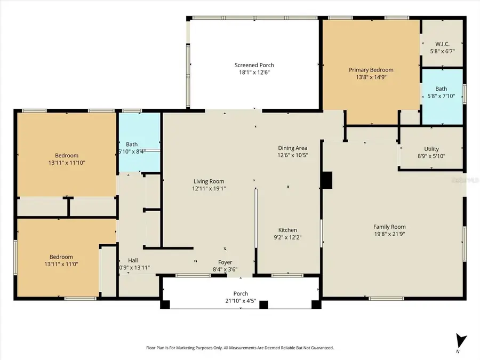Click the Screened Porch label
click(254, 65)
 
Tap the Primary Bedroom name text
click(371, 70)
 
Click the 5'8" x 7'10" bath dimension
click(441, 97)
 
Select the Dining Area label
click(293, 148)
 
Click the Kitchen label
click(287, 230)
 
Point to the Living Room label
click(208, 181)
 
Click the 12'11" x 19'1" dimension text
click(208, 188)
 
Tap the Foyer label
click(225, 262)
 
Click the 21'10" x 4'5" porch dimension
click(241, 301)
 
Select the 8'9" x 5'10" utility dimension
click(431, 156)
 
